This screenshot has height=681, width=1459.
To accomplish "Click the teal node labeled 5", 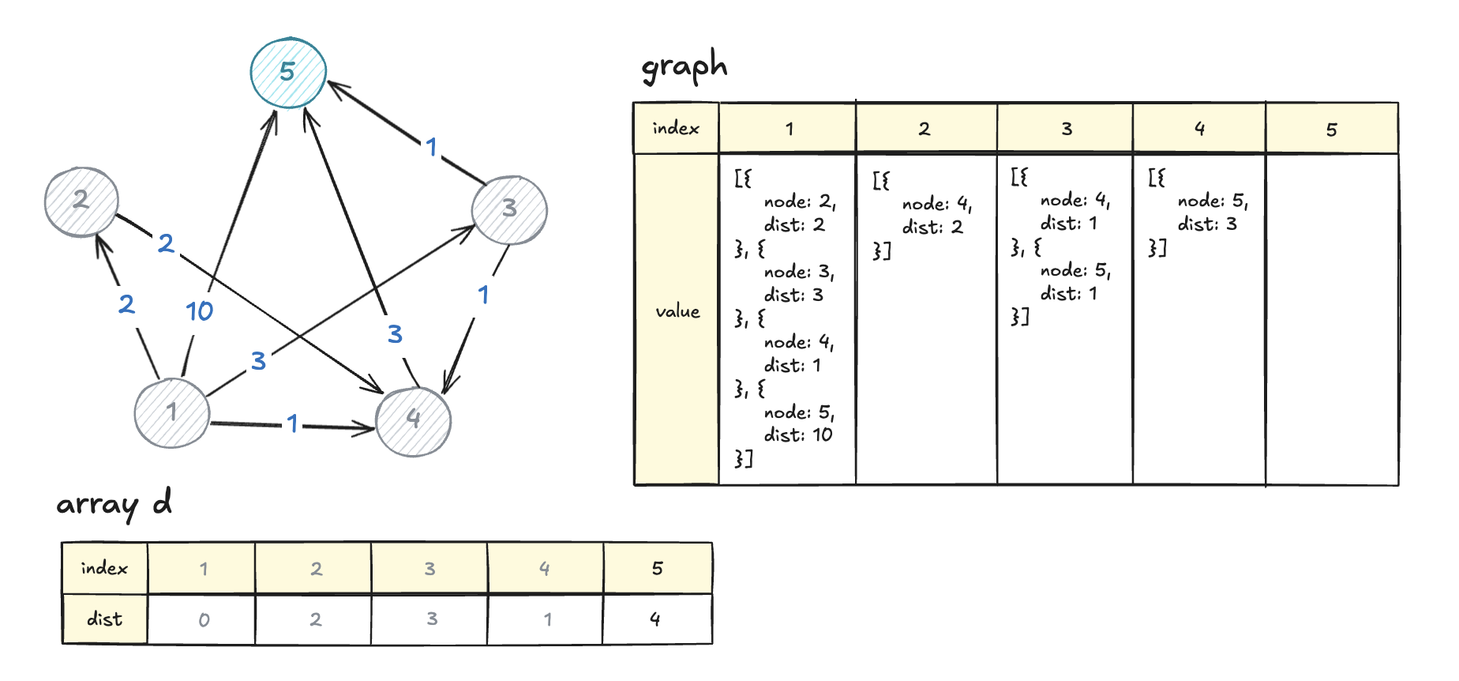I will (x=288, y=73).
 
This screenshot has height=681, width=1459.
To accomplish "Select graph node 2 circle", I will (x=81, y=201).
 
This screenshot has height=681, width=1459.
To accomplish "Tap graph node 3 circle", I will (x=509, y=209).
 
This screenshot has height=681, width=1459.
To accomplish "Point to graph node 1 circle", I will (x=172, y=412).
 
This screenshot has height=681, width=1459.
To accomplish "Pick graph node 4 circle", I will (x=413, y=420).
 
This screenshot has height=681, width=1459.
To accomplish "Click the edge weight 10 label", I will (x=200, y=311).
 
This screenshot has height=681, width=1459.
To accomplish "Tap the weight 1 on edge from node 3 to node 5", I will (x=431, y=147).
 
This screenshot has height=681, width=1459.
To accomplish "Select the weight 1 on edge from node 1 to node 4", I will (x=293, y=423).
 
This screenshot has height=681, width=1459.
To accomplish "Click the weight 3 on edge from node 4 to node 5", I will (x=395, y=334).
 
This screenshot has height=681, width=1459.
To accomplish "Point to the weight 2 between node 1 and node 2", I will (x=126, y=304).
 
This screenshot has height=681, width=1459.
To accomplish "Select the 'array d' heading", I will (x=114, y=504).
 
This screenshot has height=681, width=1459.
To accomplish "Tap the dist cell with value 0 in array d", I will (x=204, y=620).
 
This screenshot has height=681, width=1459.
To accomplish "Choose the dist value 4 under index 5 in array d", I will (x=655, y=619).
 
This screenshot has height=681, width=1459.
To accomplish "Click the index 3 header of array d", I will (x=429, y=569).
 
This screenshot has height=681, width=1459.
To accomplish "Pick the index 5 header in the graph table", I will (x=1331, y=130).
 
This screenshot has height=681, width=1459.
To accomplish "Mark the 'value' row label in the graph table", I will (x=677, y=312).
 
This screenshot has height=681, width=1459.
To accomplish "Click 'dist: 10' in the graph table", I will (x=797, y=435).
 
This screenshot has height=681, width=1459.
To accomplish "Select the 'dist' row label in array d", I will (x=105, y=619).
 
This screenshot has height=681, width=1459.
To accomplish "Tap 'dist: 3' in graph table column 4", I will (x=1207, y=224).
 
